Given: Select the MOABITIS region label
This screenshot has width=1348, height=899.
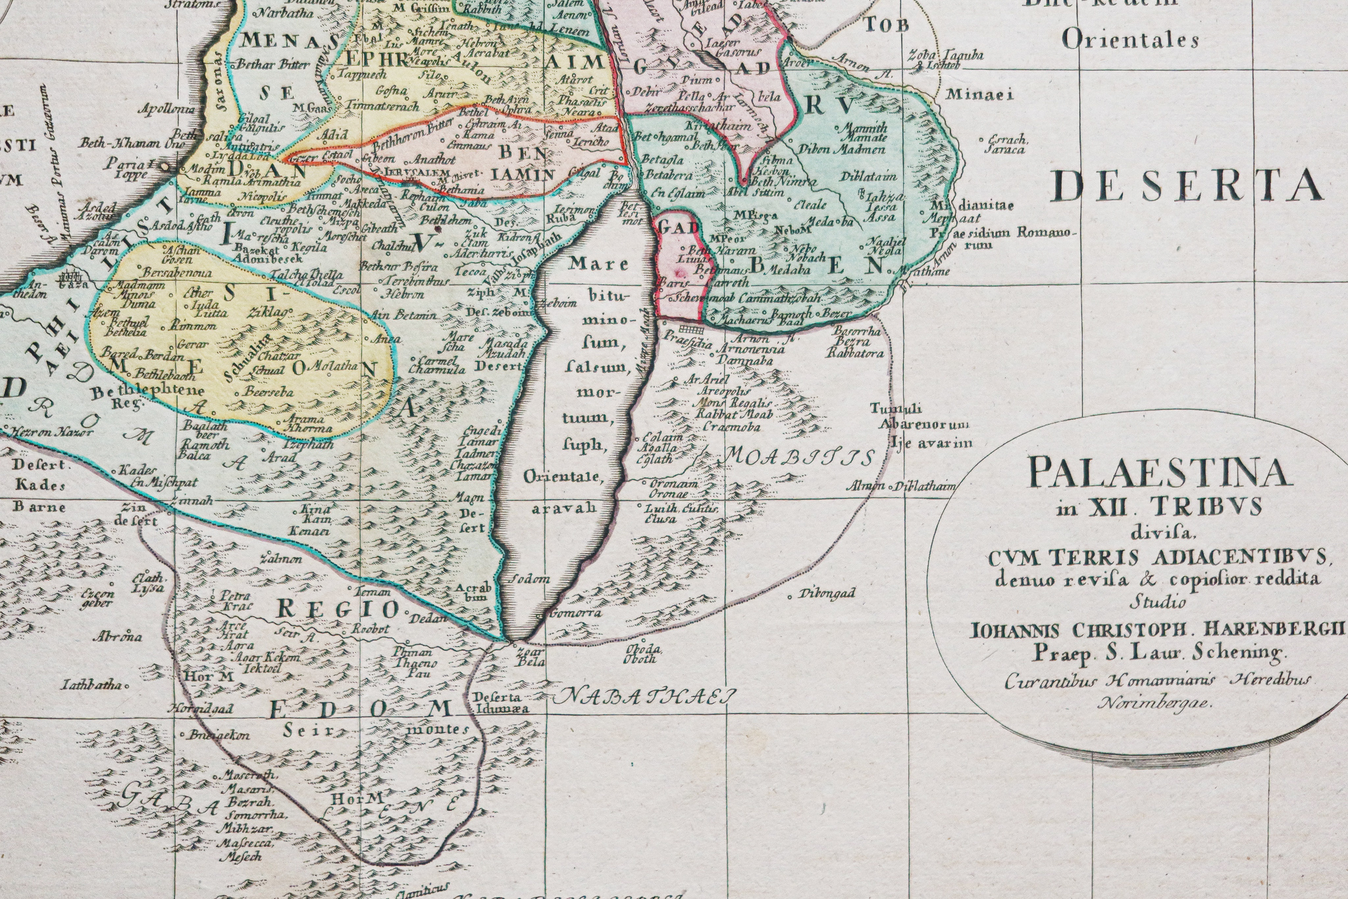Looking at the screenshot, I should [x=800, y=456].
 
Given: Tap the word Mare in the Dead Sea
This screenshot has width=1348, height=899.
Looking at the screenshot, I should [x=590, y=264].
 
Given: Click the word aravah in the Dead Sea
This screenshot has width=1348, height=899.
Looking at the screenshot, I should [x=564, y=508].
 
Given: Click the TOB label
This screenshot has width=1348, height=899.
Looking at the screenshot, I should [x=887, y=26].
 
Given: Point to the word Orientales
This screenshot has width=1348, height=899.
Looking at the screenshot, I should [x=1130, y=40].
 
